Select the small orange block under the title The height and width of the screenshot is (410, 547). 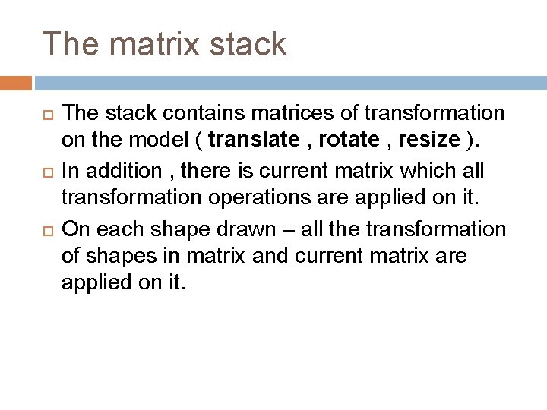(x=16, y=83)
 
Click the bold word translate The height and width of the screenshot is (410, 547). (x=255, y=140)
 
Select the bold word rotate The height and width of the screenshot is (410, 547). (x=349, y=140)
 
